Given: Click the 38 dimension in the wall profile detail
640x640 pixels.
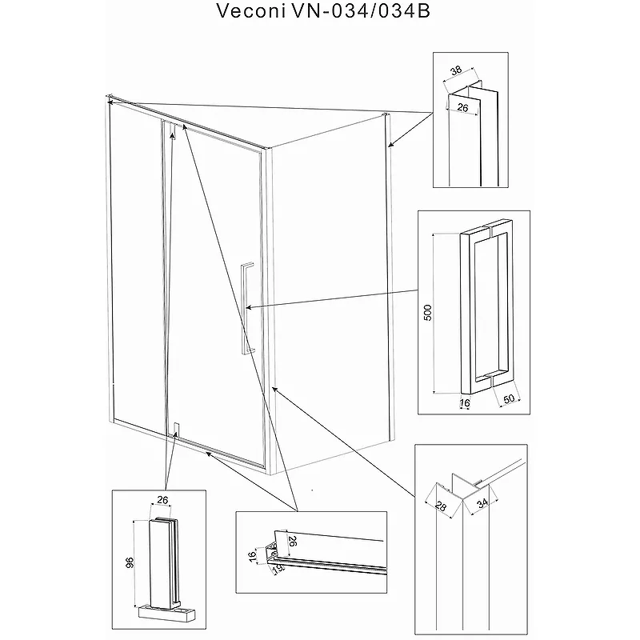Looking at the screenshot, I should (x=456, y=70).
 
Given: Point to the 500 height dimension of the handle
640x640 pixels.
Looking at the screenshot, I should (x=428, y=313).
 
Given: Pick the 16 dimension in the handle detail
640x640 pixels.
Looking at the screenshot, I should (x=465, y=405).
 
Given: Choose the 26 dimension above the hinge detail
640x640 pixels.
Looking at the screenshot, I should (x=163, y=501).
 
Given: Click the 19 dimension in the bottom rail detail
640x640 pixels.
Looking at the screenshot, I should (x=278, y=570).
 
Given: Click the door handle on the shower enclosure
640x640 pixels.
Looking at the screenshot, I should (x=246, y=306).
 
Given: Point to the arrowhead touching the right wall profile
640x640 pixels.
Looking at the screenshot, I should (x=390, y=145).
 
